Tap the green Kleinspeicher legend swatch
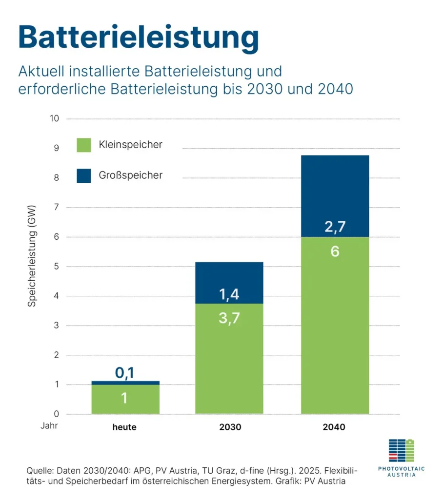[84, 145]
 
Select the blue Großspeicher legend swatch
[84, 175]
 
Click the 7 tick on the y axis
[56, 208]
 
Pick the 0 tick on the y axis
[56, 414]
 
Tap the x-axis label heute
[124, 427]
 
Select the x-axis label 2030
[229, 427]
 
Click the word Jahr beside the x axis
[49, 425]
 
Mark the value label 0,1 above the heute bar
[125, 373]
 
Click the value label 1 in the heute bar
[125, 399]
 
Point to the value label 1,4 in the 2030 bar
[229, 294]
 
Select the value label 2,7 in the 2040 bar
[335, 226]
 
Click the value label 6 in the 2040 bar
[335, 252]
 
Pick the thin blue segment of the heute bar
[125, 383]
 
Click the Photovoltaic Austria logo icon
[401, 450]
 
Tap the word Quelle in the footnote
[40, 471]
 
